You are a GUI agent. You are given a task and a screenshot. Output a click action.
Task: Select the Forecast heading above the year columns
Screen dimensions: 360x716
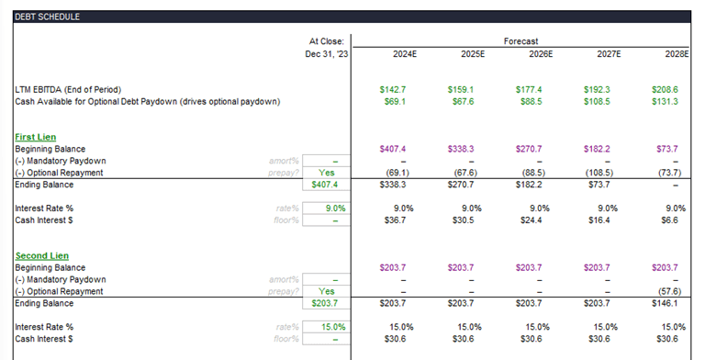click(521, 41)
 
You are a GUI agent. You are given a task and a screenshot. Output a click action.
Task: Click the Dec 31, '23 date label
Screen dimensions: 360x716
click(327, 54)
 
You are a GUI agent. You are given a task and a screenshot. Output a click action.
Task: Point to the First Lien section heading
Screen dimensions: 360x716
click(36, 137)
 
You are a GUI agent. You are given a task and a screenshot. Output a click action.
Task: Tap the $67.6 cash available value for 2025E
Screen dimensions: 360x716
click(472, 101)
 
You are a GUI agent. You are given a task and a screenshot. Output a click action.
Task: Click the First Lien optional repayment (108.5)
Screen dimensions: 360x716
click(606, 172)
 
